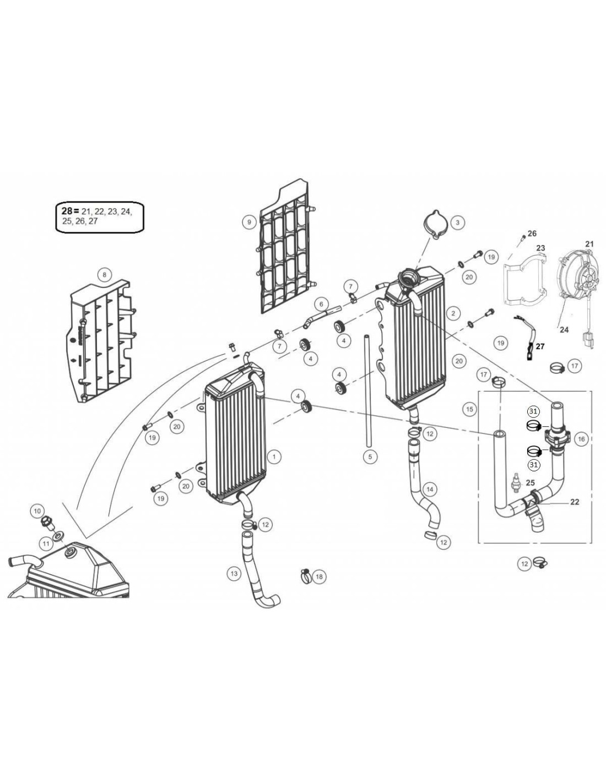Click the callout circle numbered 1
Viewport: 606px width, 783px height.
click(274, 456)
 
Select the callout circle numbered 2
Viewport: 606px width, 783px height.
click(453, 313)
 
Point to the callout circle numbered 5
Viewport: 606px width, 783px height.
click(370, 456)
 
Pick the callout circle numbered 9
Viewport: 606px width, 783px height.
click(249, 222)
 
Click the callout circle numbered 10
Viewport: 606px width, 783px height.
click(37, 511)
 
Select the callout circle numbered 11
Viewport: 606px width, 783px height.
click(46, 543)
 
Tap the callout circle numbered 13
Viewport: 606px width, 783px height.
click(234, 574)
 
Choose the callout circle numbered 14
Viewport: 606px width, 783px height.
click(430, 488)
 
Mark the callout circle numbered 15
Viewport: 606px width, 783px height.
click(469, 409)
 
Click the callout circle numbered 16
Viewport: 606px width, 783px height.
click(581, 439)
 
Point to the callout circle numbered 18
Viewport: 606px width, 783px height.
click(319, 576)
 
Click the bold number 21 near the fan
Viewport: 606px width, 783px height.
click(589, 243)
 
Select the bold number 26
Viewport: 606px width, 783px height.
click(532, 233)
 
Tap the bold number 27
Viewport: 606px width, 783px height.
click(540, 347)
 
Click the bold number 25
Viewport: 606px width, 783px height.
click(530, 483)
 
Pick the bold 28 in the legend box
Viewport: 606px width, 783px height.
click(67, 211)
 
